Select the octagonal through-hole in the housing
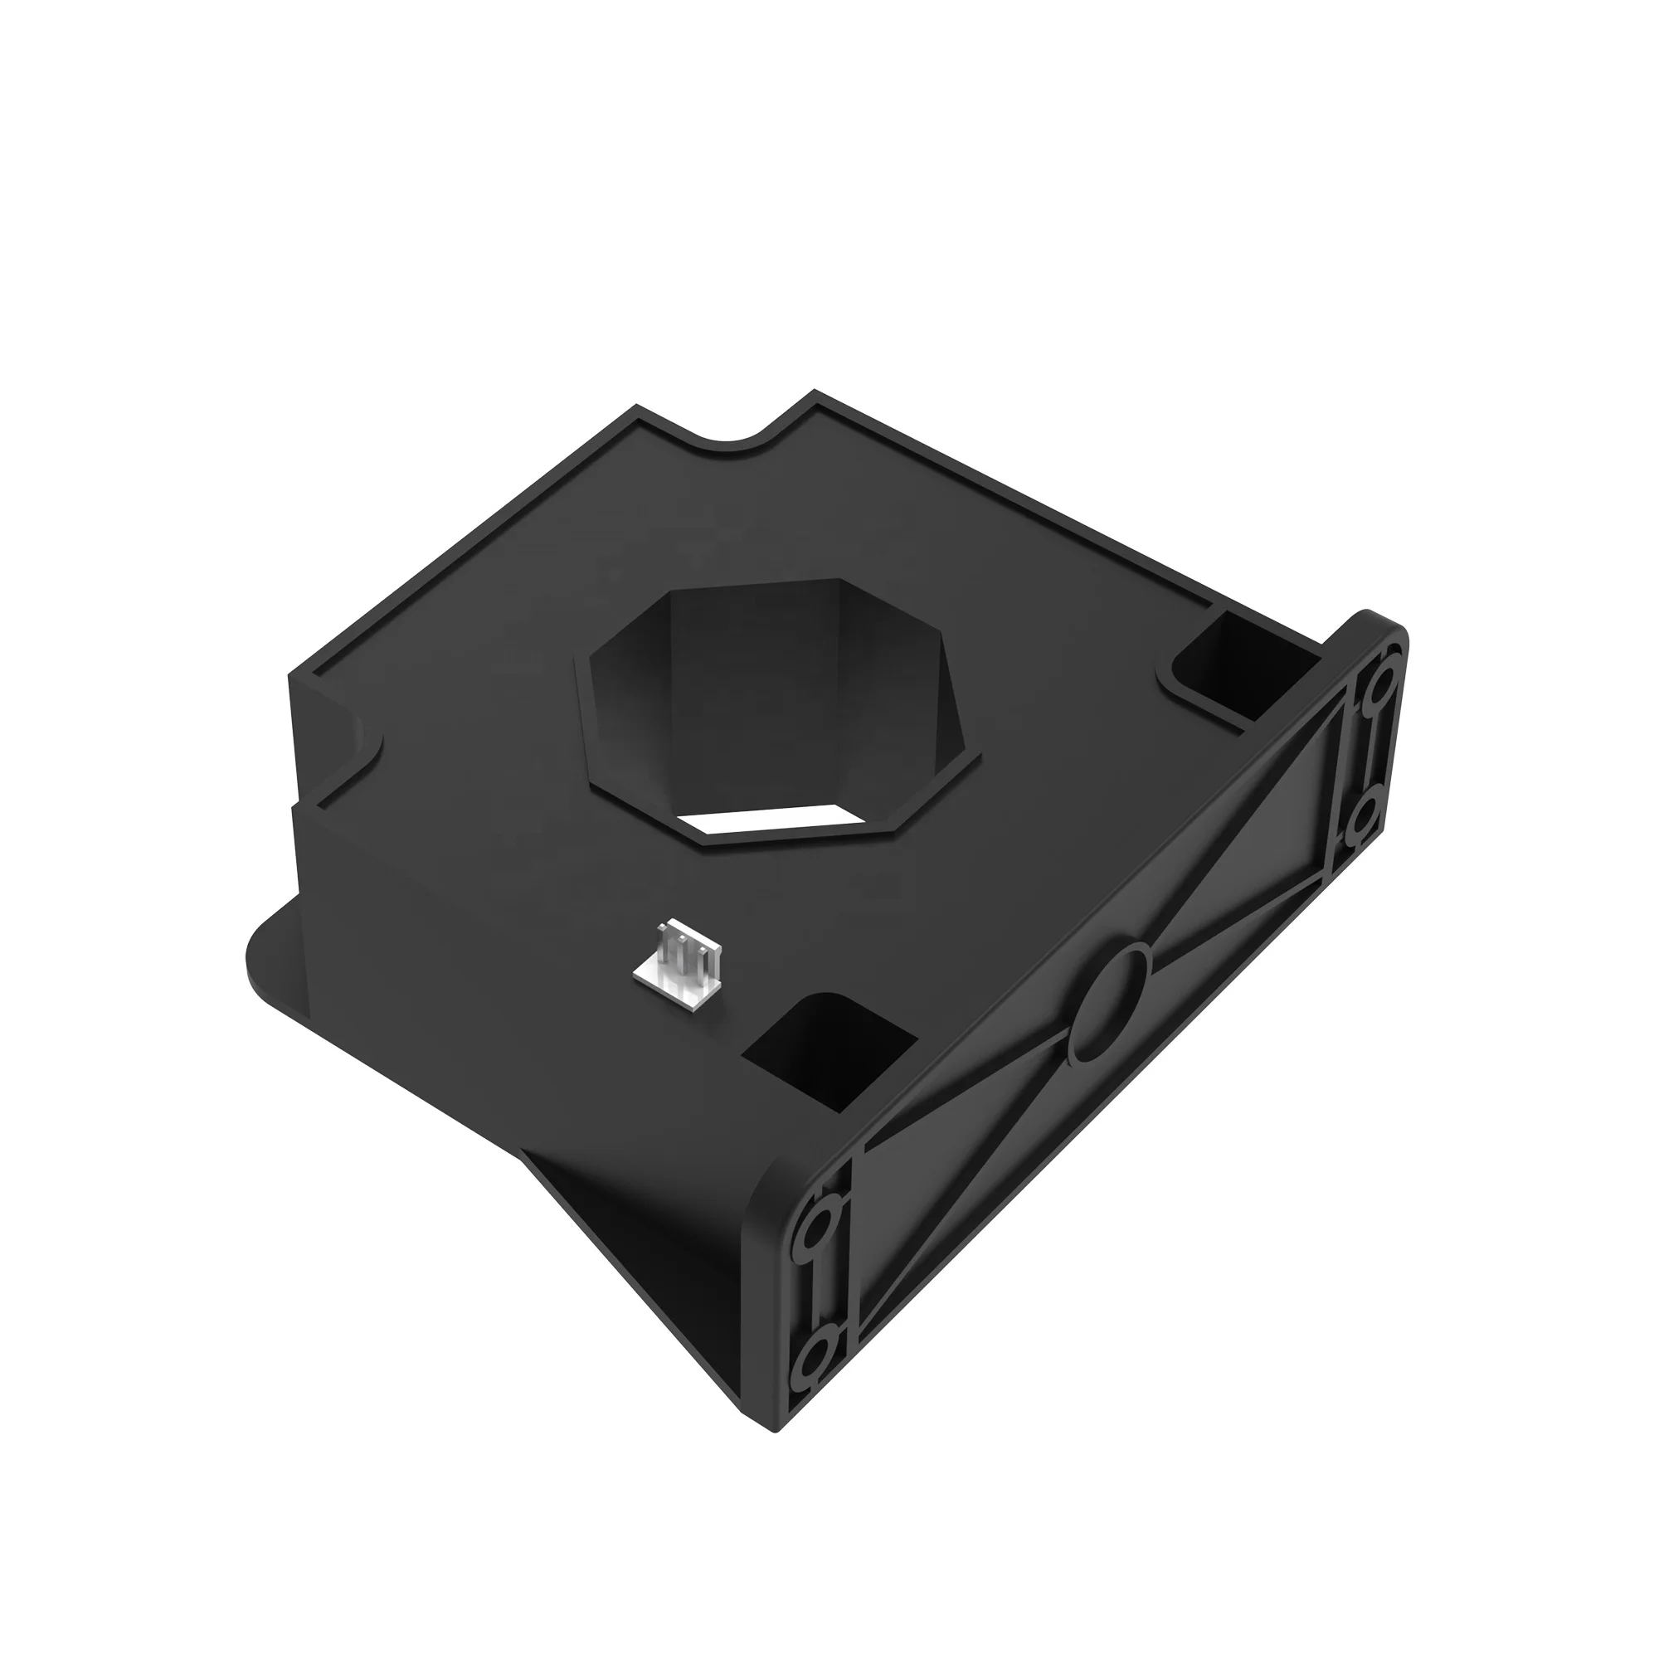(773, 704)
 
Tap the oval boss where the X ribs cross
(1113, 1000)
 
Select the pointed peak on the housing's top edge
(814, 395)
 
